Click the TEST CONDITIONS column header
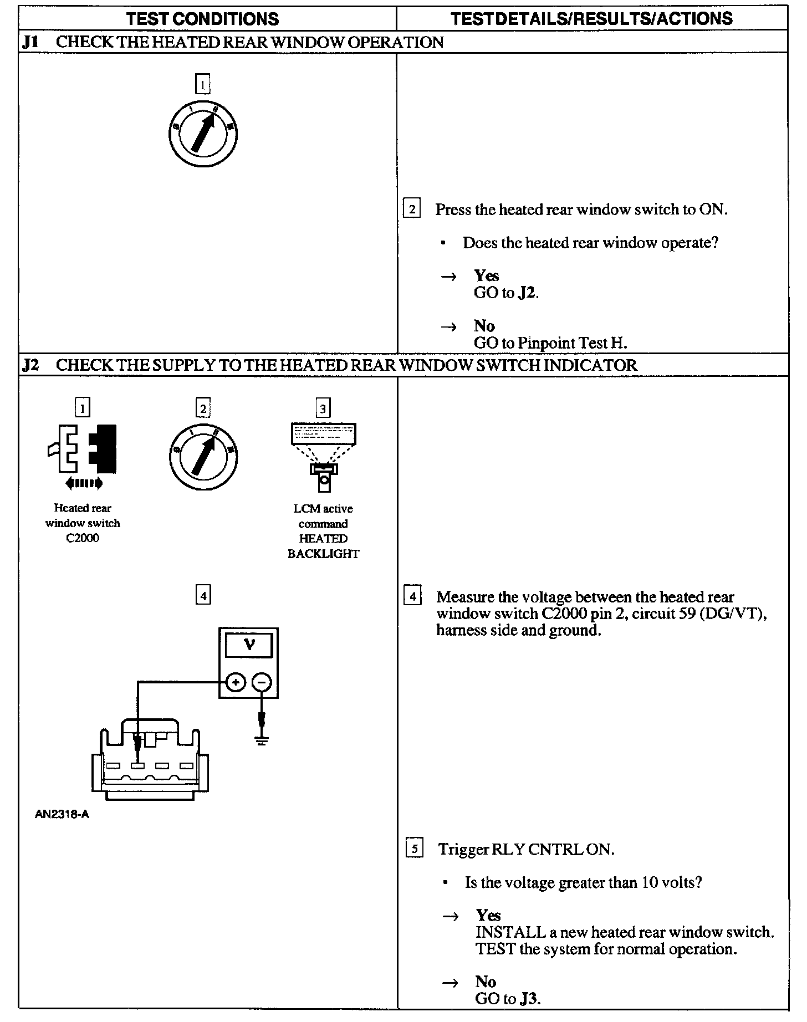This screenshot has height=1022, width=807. tap(203, 19)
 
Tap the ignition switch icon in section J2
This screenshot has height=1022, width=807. tap(203, 457)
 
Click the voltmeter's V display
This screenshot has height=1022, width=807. tap(249, 646)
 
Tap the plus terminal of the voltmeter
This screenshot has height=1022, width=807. tap(236, 682)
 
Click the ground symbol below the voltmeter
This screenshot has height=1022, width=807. tap(262, 740)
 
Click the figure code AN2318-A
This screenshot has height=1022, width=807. tap(62, 815)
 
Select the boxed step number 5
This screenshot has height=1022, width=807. tap(414, 849)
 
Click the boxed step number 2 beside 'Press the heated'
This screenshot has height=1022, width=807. tap(411, 209)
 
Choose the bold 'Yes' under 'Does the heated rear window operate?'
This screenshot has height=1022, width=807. tap(487, 275)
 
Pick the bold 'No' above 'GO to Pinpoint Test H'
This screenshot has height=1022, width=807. tap(484, 325)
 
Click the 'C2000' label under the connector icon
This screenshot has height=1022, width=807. tap(83, 538)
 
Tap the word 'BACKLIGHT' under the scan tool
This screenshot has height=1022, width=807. tap(323, 554)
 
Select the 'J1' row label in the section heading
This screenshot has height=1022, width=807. tap(30, 43)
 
